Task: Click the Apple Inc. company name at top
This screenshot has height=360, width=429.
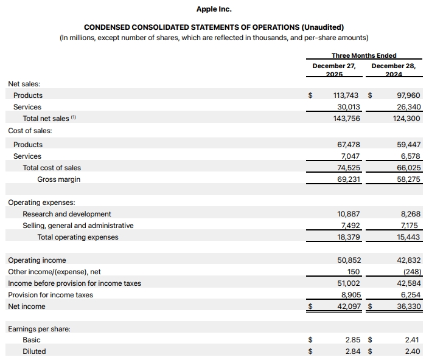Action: point(214,9)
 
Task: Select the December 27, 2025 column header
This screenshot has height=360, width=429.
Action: point(333,69)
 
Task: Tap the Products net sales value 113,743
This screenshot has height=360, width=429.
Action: point(346,95)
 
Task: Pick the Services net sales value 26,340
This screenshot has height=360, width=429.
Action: point(408,107)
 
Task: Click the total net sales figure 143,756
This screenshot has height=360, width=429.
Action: point(346,119)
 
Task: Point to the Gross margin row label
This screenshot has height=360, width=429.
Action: point(58,179)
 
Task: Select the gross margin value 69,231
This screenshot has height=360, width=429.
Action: point(348,179)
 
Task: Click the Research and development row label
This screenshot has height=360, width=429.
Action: point(67,214)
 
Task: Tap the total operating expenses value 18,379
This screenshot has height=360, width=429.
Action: point(348,237)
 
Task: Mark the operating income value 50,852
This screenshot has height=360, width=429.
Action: point(348,260)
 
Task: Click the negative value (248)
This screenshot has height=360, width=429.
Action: point(410,272)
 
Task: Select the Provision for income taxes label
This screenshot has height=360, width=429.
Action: point(51,295)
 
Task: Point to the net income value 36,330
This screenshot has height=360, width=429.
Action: point(408,306)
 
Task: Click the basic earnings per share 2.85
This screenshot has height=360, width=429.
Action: point(353,340)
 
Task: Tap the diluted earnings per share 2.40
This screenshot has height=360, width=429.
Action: point(413,351)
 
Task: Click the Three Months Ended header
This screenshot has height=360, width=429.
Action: point(364,56)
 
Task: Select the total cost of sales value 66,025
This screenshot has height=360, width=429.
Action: point(408,168)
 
